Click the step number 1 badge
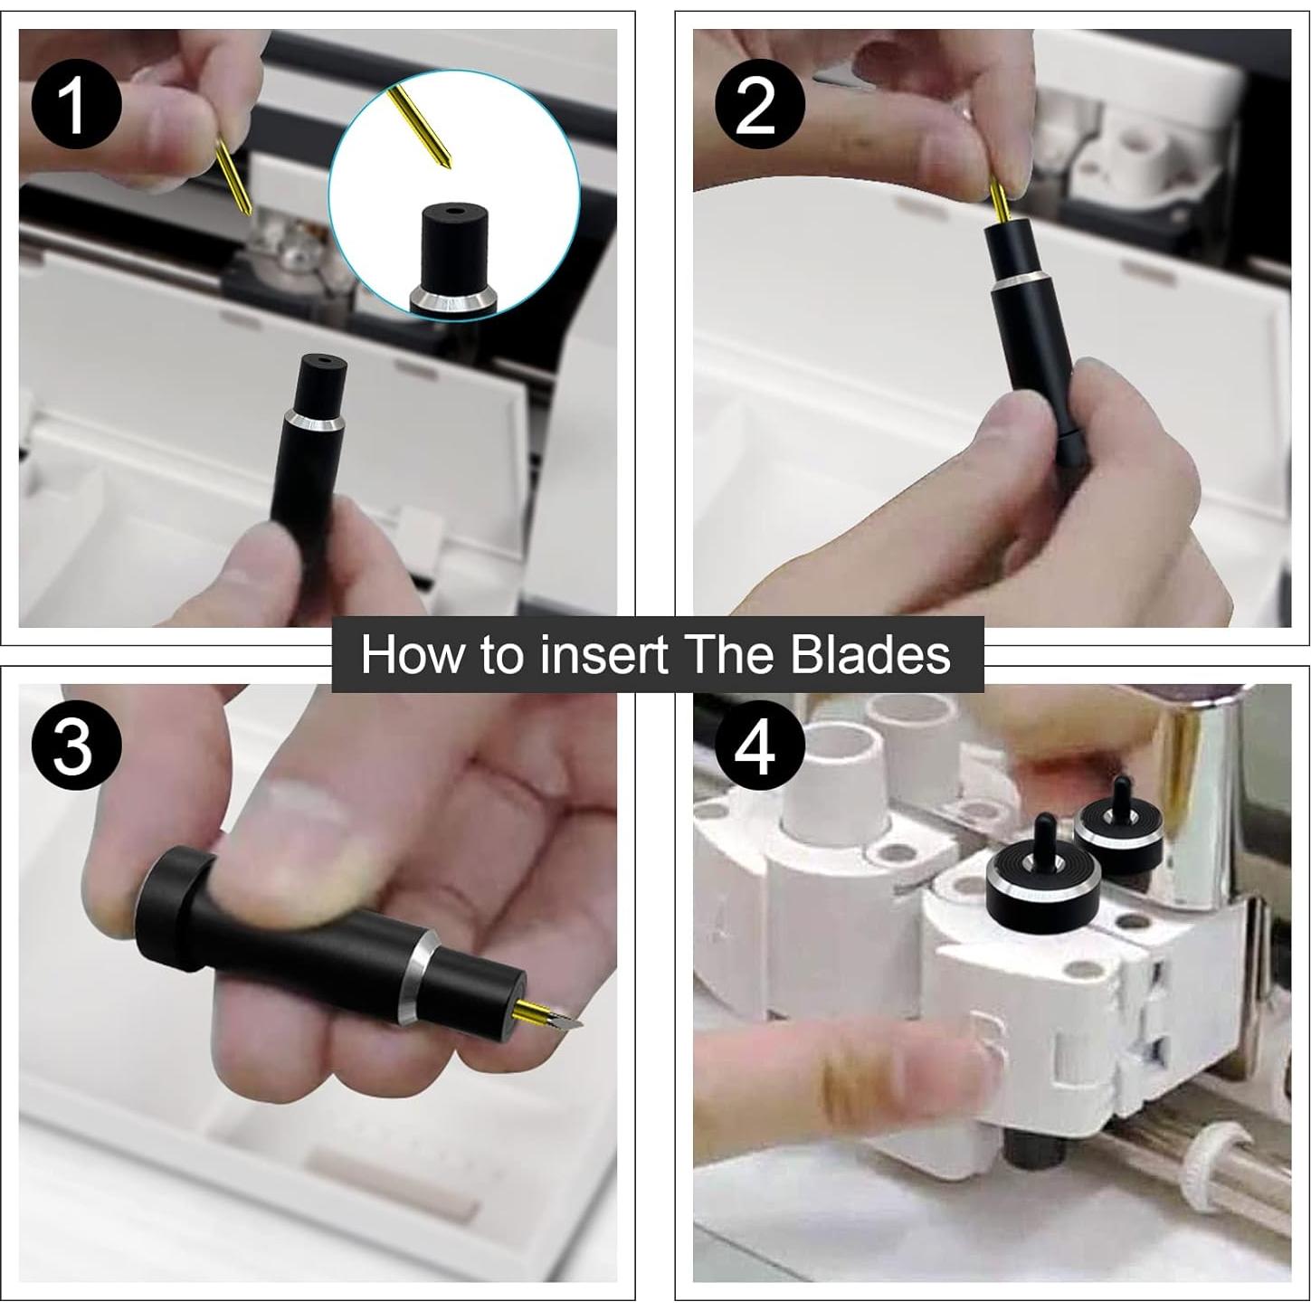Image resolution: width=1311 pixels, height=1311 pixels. pos(77,106)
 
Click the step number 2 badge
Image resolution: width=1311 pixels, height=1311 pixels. pos(760,106)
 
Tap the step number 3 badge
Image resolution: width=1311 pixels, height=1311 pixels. pos(77,745)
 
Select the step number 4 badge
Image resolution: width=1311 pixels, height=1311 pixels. pos(760,745)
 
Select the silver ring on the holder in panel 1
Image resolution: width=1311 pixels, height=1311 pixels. pos(314,421)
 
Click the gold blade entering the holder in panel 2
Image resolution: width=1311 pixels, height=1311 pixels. pos(1000,199)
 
